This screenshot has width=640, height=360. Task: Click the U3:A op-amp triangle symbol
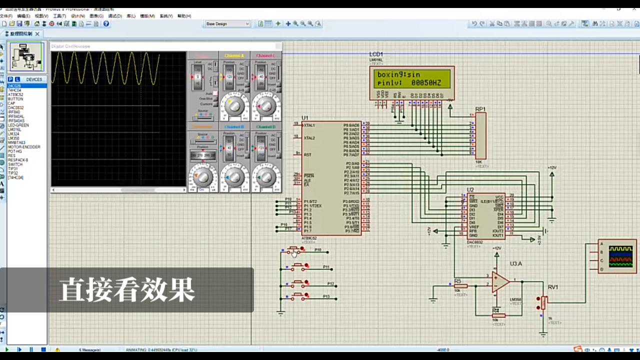499,282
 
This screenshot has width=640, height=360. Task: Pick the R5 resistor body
460,286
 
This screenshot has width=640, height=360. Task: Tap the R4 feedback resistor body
498,315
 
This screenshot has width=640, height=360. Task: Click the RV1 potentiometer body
544,302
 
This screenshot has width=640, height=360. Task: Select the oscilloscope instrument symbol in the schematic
617,256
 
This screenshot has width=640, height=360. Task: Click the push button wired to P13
299,296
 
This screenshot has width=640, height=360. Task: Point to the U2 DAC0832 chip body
485,216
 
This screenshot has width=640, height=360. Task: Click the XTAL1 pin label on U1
309,125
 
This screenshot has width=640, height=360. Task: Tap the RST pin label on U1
307,154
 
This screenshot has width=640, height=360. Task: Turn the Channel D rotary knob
265,175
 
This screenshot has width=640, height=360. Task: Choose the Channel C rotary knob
265,106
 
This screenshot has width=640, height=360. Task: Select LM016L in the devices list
14,129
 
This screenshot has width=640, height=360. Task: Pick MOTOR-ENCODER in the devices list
24,147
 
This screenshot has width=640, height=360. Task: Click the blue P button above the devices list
10,79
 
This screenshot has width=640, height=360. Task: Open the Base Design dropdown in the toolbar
227,23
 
